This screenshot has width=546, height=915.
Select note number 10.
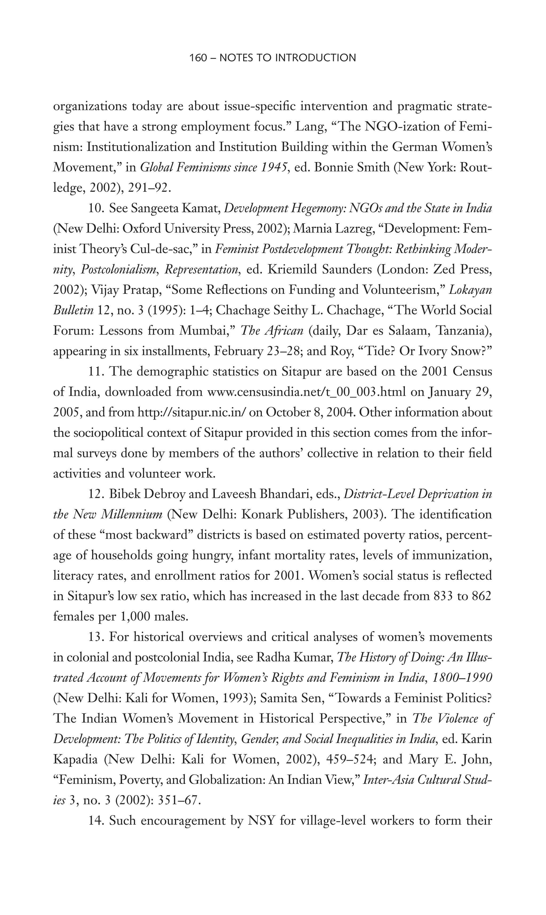click(97, 209)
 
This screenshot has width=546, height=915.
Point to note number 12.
click(97, 494)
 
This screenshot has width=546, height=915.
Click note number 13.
click(97, 637)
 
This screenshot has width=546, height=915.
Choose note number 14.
click(97, 820)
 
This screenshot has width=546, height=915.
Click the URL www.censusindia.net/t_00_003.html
click(307, 392)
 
